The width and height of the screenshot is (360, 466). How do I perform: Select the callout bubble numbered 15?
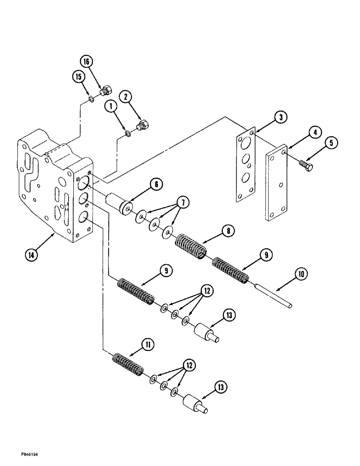click(78, 76)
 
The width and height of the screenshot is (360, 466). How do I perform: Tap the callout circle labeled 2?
click(125, 97)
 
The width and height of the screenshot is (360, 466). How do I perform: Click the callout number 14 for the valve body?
click(32, 254)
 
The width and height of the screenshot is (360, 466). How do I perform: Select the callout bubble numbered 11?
click(148, 346)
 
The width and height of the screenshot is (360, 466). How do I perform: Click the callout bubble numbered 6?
click(156, 185)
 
